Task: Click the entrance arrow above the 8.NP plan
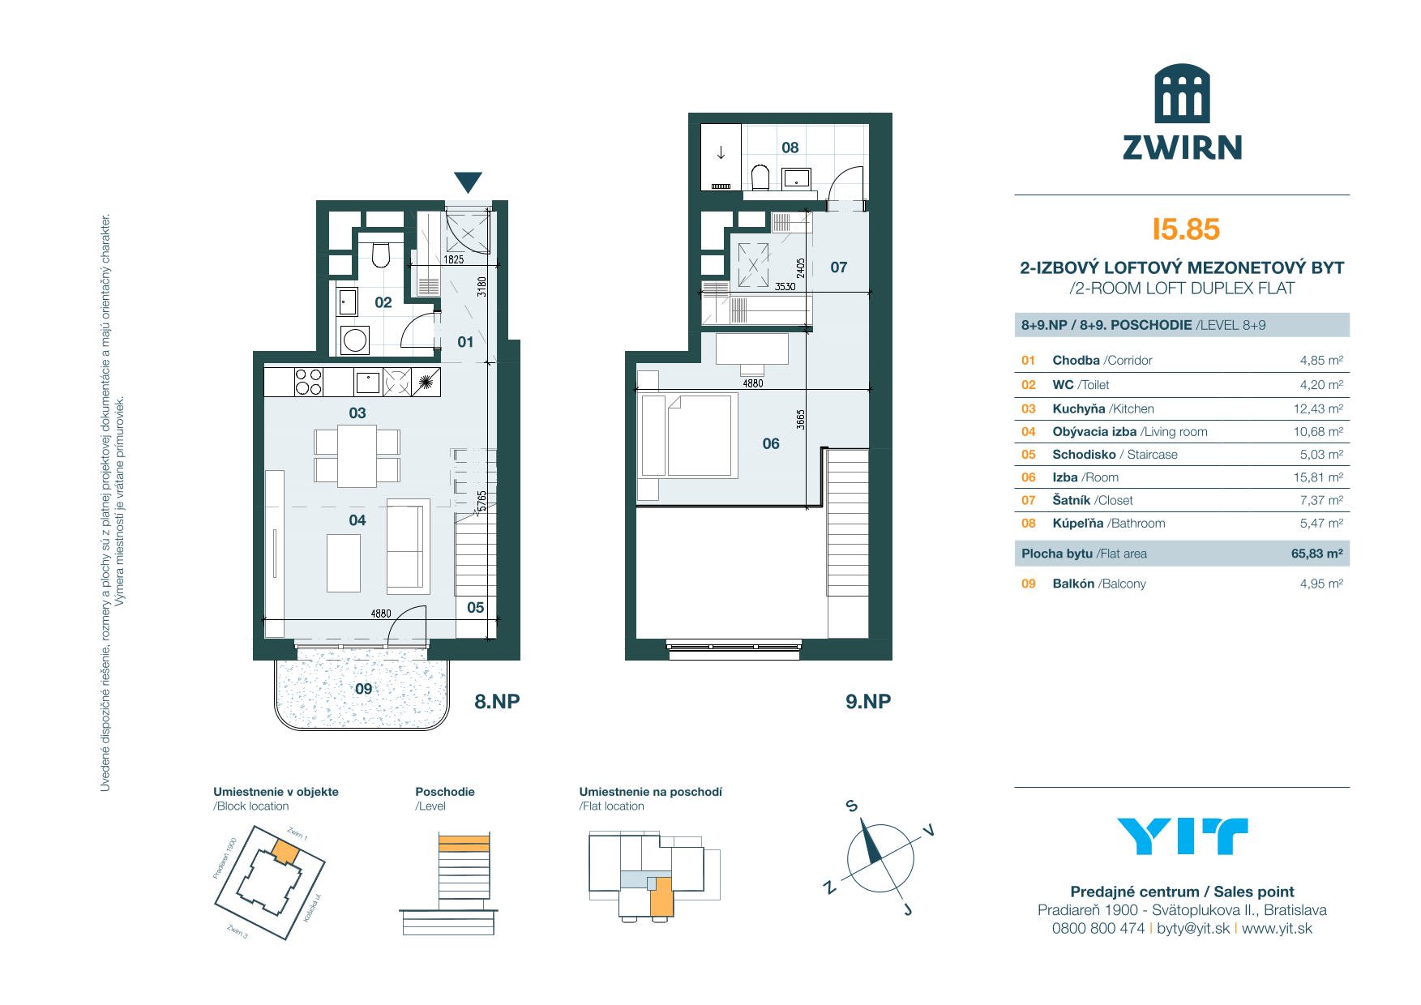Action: point(469,182)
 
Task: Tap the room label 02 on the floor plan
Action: point(383,302)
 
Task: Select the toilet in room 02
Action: point(381,253)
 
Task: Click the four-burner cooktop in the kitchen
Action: point(308,382)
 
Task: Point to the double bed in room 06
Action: point(689,435)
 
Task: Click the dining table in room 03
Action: point(357,455)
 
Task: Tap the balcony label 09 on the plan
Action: point(364,689)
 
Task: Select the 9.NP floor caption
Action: point(868,701)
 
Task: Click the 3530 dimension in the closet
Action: point(785,286)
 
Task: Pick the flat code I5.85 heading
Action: point(1186,229)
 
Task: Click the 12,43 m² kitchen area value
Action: point(1318,409)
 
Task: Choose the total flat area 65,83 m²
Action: point(1317,554)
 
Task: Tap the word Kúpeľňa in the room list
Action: point(1077,524)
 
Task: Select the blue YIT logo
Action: point(1182,836)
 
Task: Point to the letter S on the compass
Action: point(851,806)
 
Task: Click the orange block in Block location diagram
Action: point(285,851)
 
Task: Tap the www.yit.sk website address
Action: point(1277,929)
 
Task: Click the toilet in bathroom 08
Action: point(760,176)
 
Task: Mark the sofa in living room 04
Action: point(408,545)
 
